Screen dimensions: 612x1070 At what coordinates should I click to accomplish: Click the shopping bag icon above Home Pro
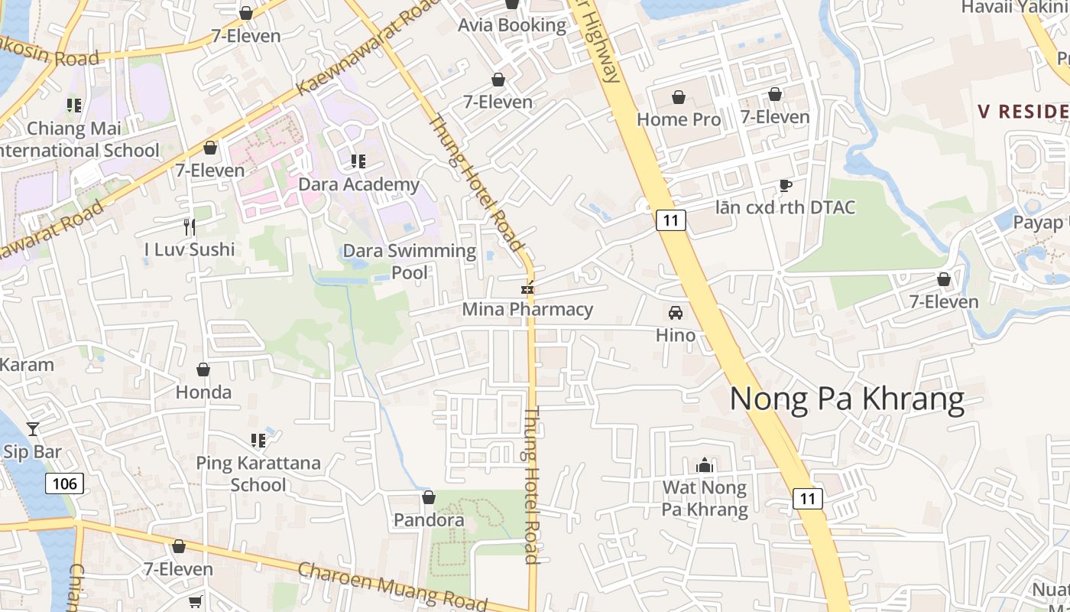[x=678, y=97]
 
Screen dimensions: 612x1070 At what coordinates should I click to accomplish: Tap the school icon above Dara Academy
[x=358, y=161]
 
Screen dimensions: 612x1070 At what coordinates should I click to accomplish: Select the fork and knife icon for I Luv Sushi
[x=190, y=226]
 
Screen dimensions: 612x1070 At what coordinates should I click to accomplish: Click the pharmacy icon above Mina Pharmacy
[x=527, y=288]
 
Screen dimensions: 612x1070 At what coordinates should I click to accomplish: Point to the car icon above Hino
[x=676, y=312]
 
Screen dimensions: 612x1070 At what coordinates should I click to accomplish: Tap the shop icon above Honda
[x=203, y=370]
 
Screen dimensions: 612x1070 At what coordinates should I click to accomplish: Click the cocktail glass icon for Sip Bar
[x=33, y=428]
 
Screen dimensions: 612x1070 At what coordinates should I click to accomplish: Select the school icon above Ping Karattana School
[x=258, y=441]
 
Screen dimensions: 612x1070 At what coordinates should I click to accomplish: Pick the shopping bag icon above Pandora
[x=429, y=498]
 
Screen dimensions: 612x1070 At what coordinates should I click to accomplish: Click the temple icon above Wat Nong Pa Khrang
[x=704, y=465]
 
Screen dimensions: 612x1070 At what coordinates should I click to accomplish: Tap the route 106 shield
[x=64, y=483]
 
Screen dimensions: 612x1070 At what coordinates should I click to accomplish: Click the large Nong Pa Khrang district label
[x=847, y=399]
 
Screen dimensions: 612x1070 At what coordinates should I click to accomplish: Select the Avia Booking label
[x=512, y=25]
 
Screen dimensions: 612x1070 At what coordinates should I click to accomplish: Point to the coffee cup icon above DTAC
[x=785, y=185]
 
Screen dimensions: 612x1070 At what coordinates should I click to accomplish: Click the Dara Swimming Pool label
[x=410, y=261]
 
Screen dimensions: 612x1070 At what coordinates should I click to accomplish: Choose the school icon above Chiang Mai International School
[x=74, y=106]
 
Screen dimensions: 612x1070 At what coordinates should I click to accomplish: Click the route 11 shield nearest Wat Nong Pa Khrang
[x=807, y=499]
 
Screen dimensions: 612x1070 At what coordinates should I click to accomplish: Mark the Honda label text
[x=203, y=392]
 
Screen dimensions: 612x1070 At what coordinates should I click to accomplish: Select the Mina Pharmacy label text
[x=527, y=310]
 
